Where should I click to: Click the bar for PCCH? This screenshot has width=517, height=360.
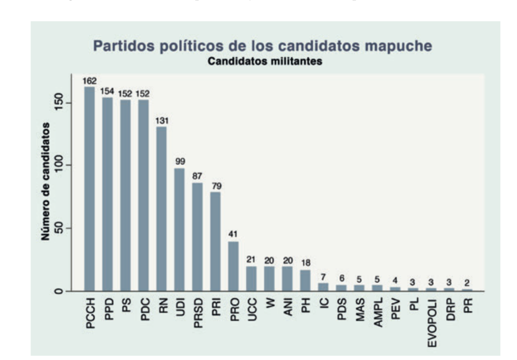pyautogui.click(x=90, y=188)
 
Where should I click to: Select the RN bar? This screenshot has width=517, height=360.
pyautogui.click(x=161, y=209)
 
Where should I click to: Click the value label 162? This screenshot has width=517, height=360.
pyautogui.click(x=90, y=80)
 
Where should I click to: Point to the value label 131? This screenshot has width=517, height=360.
pyautogui.click(x=161, y=121)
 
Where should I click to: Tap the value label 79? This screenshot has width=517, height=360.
pyautogui.click(x=215, y=186)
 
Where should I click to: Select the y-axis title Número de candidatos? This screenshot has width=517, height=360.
pyautogui.click(x=46, y=181)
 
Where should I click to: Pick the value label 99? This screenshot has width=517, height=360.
pyautogui.click(x=180, y=161)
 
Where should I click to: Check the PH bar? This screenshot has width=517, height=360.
pyautogui.click(x=305, y=278)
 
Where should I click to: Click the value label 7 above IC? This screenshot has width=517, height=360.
pyautogui.click(x=323, y=277)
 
